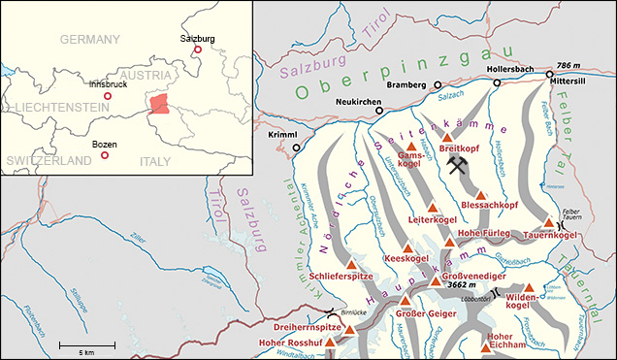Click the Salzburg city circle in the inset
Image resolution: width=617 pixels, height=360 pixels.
198,49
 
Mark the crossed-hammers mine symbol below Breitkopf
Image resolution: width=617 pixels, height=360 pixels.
459,166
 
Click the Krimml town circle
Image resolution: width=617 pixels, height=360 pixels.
296,148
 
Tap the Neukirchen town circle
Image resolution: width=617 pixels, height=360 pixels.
379,111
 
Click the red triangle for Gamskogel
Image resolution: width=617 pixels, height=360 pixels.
410,145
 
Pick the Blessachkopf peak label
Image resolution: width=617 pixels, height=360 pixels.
491,206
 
